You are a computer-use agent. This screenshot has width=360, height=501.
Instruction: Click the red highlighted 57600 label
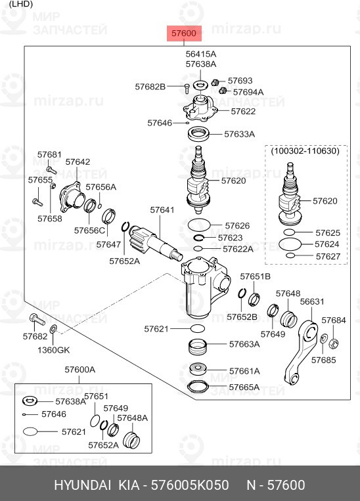coord(184,33)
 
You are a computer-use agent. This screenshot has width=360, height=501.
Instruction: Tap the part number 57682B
coord(150,87)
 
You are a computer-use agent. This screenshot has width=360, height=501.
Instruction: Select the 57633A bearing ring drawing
coord(199,134)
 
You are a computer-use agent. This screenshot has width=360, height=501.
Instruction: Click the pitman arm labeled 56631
coord(301,351)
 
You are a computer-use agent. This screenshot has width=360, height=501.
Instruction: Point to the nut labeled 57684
coord(334,343)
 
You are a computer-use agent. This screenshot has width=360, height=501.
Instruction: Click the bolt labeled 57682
coord(37,319)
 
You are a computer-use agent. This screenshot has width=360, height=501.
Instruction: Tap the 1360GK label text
coord(53,350)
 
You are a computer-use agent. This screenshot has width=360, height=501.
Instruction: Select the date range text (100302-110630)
coord(305,150)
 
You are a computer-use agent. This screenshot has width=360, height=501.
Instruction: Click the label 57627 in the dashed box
coord(328,256)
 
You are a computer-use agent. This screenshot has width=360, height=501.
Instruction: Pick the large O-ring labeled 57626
coord(199,225)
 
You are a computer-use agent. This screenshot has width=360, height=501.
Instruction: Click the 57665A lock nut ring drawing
coord(198,387)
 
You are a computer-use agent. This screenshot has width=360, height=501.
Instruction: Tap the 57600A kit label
coord(80,370)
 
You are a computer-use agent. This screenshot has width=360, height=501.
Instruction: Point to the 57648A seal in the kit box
coord(131,441)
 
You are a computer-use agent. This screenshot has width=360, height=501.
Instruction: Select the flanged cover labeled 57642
coord(70,197)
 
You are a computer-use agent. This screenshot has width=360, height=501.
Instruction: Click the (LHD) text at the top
coord(21,4)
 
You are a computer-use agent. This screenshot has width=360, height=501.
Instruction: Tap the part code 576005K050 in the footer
coord(190,485)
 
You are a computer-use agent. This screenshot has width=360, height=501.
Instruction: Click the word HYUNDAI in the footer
coord(83,485)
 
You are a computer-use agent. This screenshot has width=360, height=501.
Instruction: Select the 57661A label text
coord(244,371)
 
